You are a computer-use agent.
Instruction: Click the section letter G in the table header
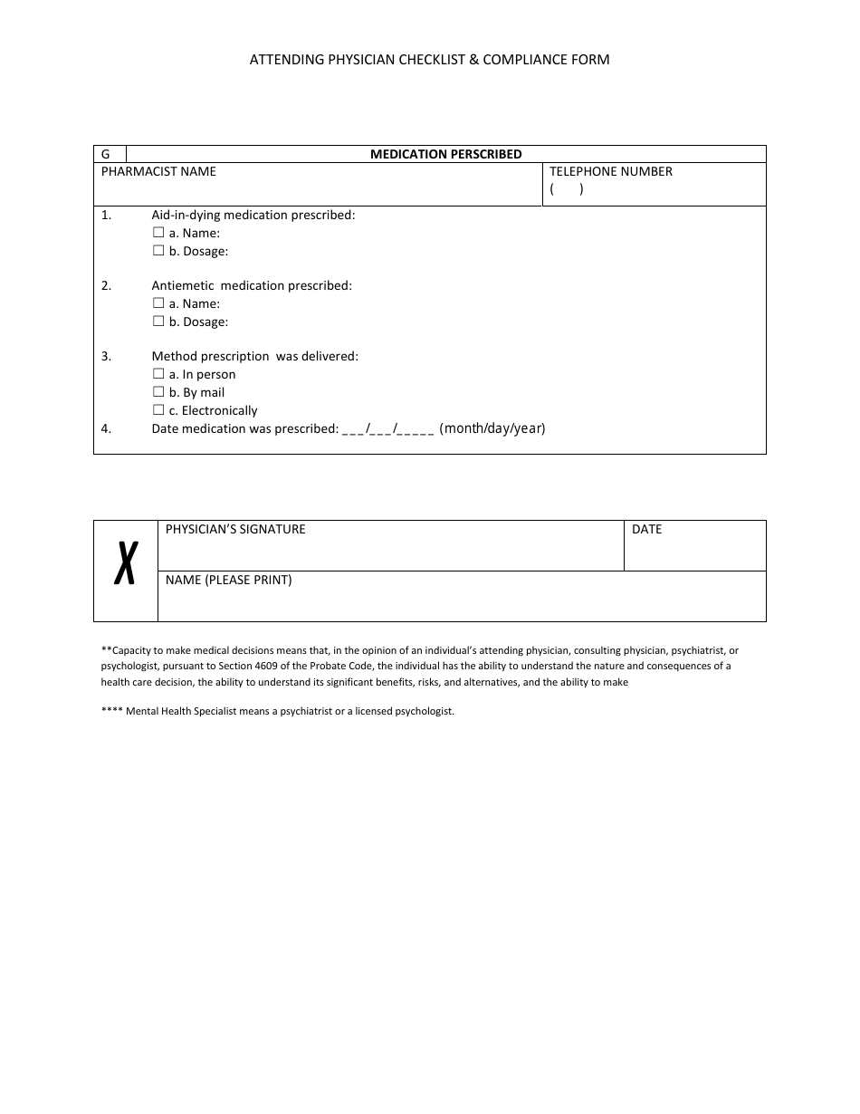click(x=106, y=155)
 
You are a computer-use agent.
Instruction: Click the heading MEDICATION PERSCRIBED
click(x=445, y=154)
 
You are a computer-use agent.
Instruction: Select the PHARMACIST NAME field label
click(x=158, y=171)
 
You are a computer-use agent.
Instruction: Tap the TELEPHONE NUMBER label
click(x=611, y=171)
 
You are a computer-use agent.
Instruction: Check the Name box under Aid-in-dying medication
click(x=158, y=233)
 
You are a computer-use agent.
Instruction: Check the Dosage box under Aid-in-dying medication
click(x=158, y=251)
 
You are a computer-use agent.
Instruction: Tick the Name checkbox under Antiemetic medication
click(x=158, y=303)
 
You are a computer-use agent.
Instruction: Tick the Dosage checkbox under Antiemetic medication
click(x=158, y=322)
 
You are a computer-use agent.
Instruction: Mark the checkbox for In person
click(x=158, y=374)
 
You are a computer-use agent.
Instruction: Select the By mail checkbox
click(x=158, y=392)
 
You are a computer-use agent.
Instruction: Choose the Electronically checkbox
click(x=158, y=410)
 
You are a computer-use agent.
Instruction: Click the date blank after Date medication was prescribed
click(x=388, y=429)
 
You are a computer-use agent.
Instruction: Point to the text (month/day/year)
click(x=492, y=428)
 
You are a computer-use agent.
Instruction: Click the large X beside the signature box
click(x=126, y=562)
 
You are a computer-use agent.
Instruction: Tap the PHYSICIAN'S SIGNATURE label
click(x=235, y=529)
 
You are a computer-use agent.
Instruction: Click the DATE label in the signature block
click(x=646, y=529)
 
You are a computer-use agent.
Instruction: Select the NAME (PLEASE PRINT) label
click(x=228, y=580)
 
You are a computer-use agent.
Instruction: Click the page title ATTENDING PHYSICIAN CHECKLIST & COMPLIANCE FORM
click(x=430, y=60)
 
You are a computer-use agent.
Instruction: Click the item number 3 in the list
click(x=106, y=356)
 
